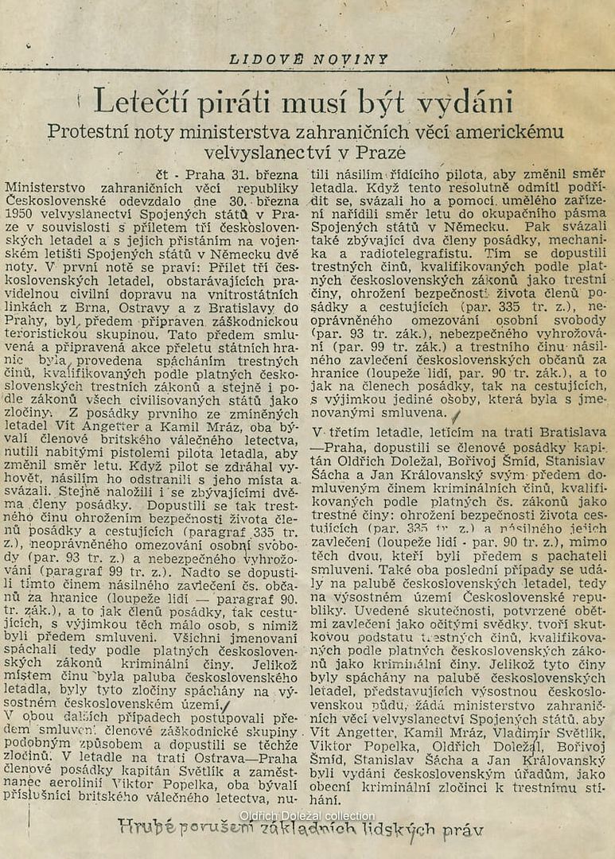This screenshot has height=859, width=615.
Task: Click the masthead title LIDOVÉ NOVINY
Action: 309,59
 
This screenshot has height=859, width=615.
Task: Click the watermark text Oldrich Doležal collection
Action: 306,816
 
